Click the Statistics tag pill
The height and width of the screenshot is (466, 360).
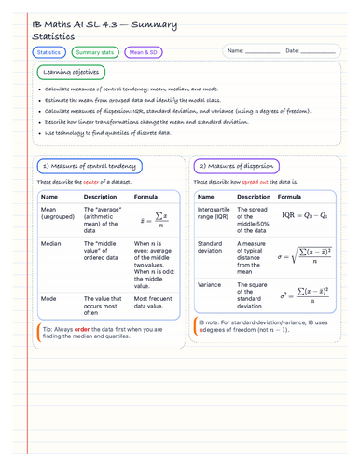click(x=48, y=52)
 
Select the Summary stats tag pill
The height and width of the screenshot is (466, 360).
click(x=95, y=52)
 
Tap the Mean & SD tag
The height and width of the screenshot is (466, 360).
click(x=143, y=52)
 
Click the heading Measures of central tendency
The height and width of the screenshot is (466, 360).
click(x=89, y=165)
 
